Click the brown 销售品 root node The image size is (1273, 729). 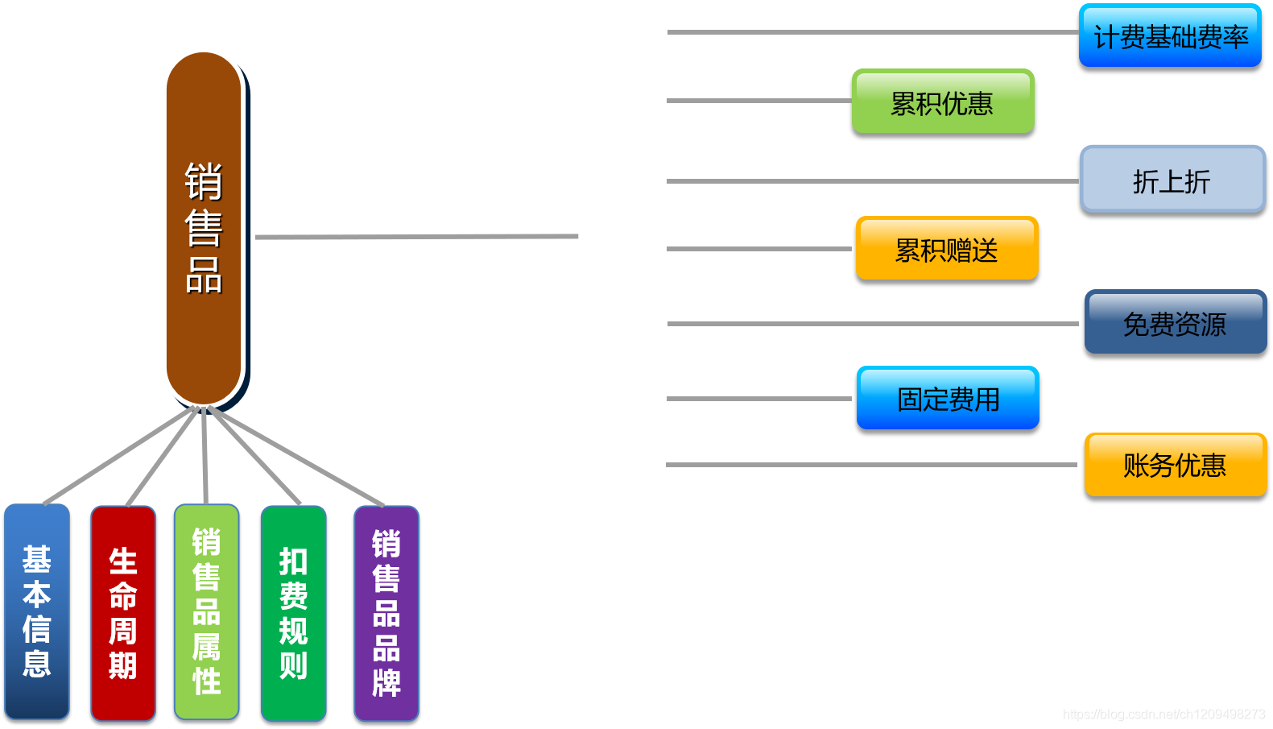coord(204,228)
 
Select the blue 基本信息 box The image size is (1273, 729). coord(37,611)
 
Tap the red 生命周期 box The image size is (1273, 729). coord(123,613)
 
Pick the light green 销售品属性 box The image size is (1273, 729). coord(207,611)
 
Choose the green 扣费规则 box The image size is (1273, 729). coord(294,613)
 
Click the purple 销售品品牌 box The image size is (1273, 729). coord(386,613)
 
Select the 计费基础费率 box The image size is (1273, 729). coord(1170,36)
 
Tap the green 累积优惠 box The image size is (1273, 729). coord(943,102)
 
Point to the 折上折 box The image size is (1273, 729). coord(1172,180)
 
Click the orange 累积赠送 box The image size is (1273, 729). coord(947,249)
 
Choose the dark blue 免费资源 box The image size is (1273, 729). coord(1176,323)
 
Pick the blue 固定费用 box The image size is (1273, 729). coord(948,398)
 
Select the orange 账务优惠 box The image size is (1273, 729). coord(1176,465)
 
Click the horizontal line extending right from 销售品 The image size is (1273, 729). coord(416,237)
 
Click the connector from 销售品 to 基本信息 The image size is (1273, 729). coord(121,456)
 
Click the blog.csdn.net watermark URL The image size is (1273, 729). coord(1163,715)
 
